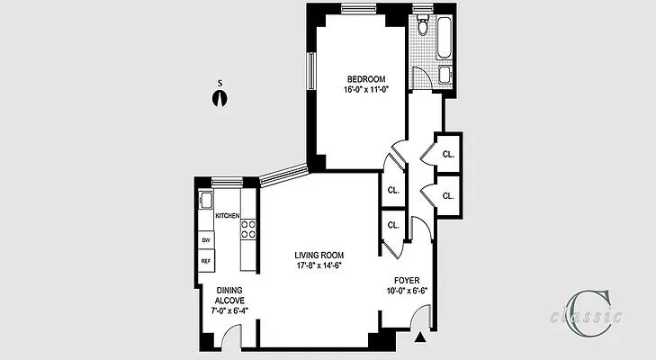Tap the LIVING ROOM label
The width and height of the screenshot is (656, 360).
319,255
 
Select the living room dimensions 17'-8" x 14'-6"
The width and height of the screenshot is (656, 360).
319,265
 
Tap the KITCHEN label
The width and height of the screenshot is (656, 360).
227,216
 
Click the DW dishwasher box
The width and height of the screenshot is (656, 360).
206,240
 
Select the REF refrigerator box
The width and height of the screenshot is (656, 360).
206,261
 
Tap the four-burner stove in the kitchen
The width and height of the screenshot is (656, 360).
249,229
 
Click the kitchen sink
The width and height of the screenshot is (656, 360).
205,200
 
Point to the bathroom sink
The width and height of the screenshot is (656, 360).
445,75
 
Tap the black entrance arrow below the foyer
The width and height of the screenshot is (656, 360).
421,338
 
